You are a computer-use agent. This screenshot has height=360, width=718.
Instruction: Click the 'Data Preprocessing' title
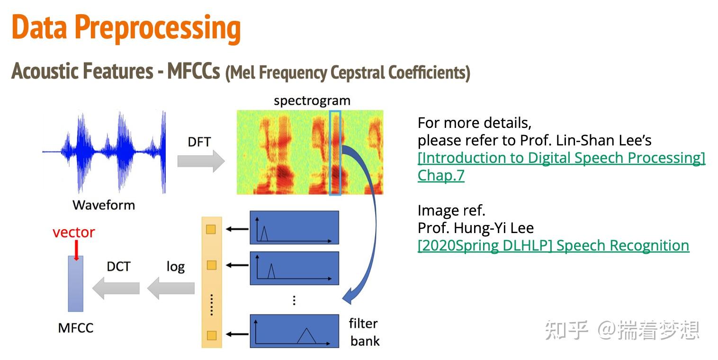(126, 29)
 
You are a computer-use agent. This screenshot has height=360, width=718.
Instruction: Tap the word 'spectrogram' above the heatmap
(312, 101)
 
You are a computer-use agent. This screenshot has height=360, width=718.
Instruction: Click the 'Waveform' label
(104, 205)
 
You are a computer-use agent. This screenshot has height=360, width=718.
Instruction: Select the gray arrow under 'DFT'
(201, 161)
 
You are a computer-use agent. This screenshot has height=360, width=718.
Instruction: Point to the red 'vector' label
(73, 233)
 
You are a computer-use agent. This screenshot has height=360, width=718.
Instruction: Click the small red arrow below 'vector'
(76, 251)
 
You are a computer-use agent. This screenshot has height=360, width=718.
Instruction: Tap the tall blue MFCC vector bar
(76, 284)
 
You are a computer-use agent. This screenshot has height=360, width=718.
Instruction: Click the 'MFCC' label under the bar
(76, 328)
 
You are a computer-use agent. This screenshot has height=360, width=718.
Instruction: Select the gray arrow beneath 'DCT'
(116, 288)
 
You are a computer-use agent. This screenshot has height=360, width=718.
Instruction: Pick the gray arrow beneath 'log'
(171, 288)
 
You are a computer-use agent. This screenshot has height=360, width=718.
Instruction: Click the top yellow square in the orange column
(211, 230)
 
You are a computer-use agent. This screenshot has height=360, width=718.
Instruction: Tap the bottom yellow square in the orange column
(212, 336)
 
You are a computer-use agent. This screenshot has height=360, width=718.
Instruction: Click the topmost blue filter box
(294, 227)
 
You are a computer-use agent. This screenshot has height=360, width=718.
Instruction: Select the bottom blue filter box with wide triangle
(294, 331)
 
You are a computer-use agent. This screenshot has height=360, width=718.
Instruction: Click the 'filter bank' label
(364, 332)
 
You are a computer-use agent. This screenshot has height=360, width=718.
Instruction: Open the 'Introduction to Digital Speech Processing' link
(561, 158)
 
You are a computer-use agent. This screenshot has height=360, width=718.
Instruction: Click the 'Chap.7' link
(441, 176)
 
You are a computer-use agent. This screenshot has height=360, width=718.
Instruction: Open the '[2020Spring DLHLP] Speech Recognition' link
(553, 246)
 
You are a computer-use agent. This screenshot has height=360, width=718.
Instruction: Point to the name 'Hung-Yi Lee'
(494, 228)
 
